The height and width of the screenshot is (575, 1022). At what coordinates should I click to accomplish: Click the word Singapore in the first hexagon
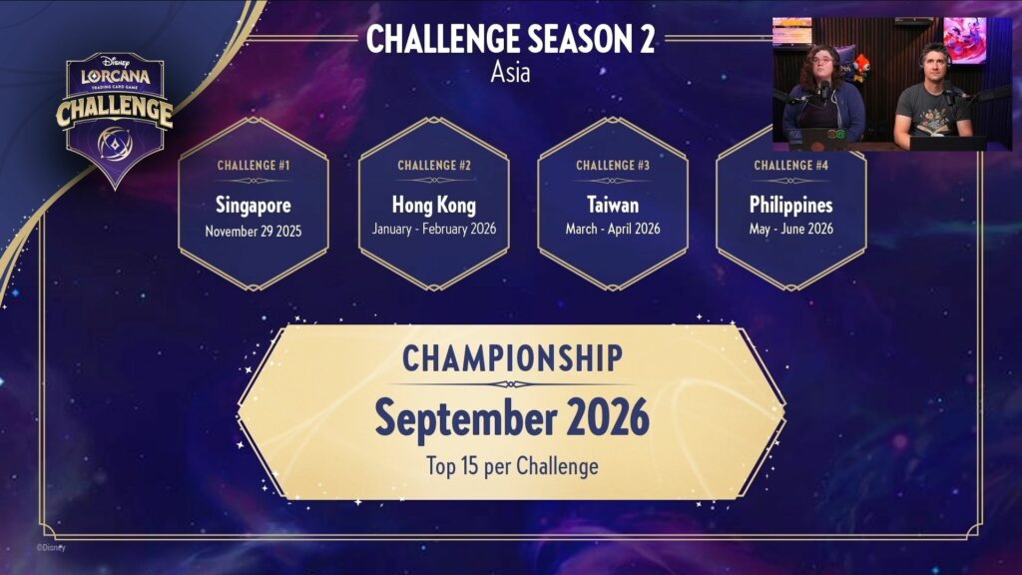(x=254, y=206)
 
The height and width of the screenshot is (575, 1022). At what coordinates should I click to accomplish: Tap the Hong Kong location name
(x=434, y=206)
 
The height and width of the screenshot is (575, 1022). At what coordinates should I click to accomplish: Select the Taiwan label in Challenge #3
(x=613, y=206)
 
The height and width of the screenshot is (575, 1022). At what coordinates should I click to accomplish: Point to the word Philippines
(x=791, y=206)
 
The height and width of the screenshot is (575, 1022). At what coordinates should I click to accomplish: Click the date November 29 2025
(x=254, y=232)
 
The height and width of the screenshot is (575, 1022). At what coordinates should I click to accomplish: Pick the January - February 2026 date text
(x=434, y=229)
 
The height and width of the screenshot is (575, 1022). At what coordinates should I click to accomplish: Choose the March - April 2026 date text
(x=613, y=229)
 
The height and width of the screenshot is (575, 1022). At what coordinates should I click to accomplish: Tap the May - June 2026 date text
(x=791, y=229)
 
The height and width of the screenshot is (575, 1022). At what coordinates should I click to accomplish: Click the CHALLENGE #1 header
(x=254, y=166)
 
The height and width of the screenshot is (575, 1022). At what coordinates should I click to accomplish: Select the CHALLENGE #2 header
(x=434, y=166)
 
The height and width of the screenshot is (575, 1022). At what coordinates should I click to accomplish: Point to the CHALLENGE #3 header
(x=613, y=166)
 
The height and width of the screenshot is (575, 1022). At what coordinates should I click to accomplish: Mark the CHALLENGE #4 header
(x=791, y=166)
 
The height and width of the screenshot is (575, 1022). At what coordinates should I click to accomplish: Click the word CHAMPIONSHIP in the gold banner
(x=512, y=358)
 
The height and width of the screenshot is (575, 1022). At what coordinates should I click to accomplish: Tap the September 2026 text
(x=512, y=418)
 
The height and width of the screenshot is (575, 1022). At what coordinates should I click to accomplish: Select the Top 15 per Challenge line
(x=512, y=466)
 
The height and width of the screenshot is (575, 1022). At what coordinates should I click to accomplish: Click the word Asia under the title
(x=510, y=72)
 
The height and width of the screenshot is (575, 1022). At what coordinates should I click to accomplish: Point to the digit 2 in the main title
(x=647, y=39)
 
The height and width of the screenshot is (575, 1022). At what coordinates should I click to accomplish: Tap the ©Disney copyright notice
(x=51, y=548)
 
